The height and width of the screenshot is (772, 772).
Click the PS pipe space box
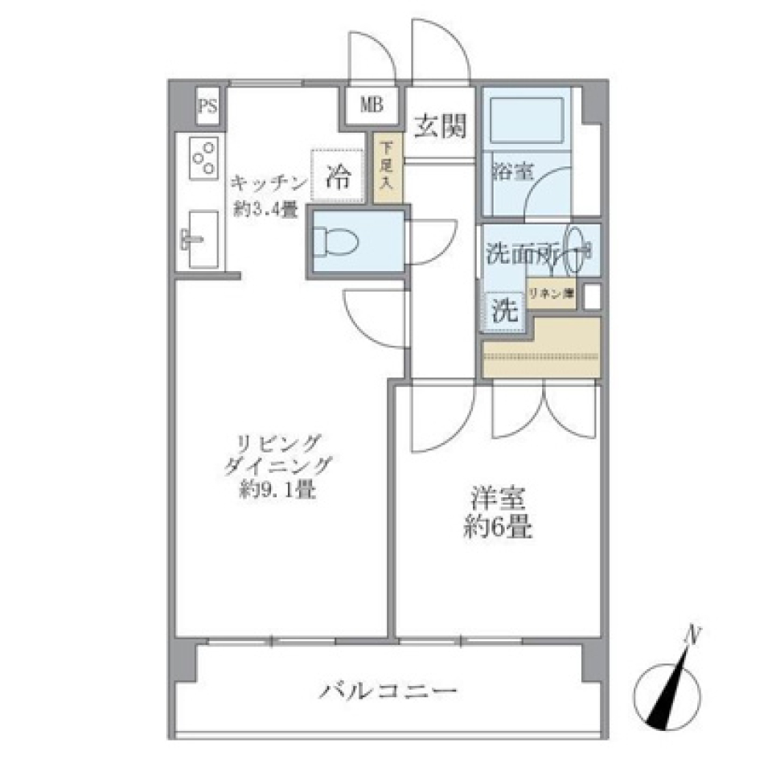207,107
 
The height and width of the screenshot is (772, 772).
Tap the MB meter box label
372,105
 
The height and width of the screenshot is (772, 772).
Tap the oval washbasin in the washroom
577,247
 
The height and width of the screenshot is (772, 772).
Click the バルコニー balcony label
390,690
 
